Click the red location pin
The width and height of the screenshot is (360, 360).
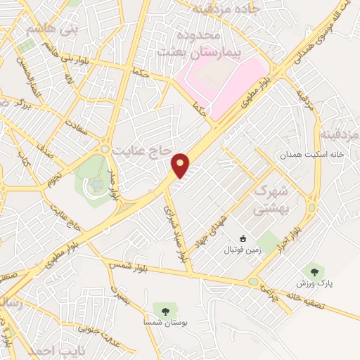point(181,165)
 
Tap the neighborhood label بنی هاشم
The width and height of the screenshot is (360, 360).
point(50,30)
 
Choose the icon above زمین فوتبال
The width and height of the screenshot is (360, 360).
point(243,239)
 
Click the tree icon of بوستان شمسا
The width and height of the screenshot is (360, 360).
point(165,310)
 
